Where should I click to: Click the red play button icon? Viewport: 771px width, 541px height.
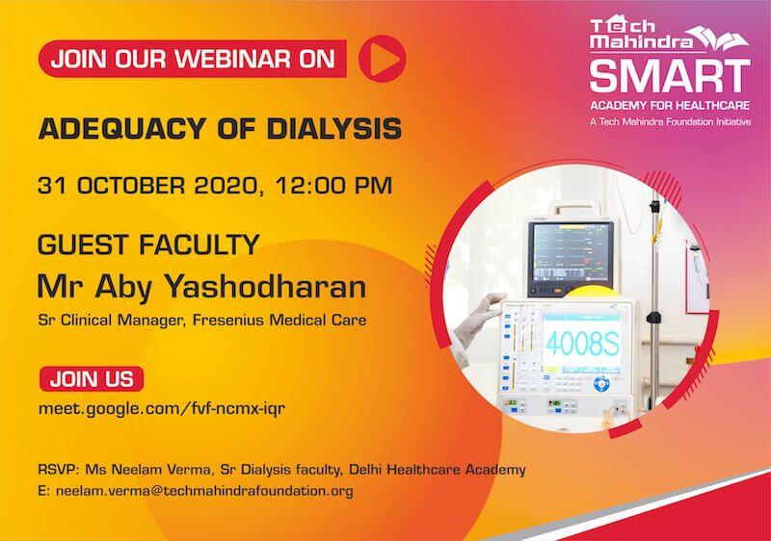[382, 59]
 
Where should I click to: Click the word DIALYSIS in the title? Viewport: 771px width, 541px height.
[333, 129]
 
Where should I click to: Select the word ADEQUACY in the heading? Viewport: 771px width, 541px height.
[121, 130]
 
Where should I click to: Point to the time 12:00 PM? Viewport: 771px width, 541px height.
[333, 186]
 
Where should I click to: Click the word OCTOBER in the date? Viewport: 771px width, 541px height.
[129, 186]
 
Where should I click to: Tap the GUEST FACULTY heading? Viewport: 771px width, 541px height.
[148, 245]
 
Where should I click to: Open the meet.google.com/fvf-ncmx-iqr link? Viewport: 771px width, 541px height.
[162, 408]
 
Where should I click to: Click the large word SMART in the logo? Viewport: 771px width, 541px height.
[670, 76]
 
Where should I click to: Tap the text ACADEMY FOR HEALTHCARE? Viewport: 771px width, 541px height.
[670, 106]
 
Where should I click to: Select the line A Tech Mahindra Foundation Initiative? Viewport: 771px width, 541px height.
[670, 121]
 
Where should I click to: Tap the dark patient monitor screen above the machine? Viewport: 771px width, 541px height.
[571, 256]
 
